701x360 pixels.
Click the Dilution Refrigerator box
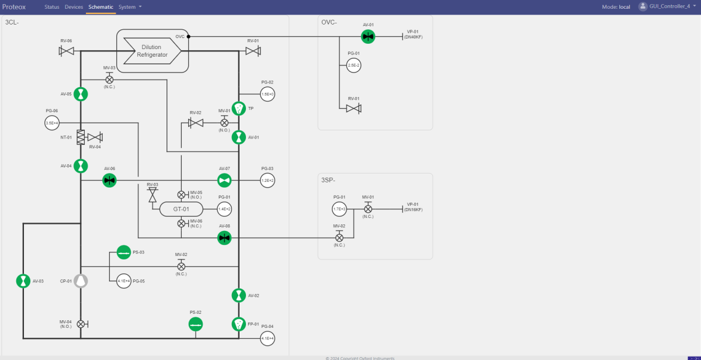[152, 51]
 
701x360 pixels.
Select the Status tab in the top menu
[52, 7]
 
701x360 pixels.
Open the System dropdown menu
[130, 7]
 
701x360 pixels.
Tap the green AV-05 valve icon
[81, 94]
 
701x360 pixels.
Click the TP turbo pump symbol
[238, 109]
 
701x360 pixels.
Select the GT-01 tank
[181, 209]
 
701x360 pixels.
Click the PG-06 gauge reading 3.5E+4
[52, 123]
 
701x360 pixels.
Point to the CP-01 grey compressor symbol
[81, 281]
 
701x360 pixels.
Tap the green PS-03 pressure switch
[123, 252]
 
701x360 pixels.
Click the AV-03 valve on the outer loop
[23, 281]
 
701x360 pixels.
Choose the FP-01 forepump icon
[238, 324]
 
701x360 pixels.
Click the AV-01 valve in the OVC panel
[368, 37]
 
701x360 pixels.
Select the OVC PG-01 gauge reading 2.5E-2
[353, 65]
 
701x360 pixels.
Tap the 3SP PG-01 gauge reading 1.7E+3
[339, 209]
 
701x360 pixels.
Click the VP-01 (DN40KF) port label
[414, 34]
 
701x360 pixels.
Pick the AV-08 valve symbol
[224, 237]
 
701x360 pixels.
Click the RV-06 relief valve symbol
[66, 51]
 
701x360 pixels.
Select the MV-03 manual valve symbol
[109, 79]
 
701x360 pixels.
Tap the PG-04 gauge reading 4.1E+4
[268, 338]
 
